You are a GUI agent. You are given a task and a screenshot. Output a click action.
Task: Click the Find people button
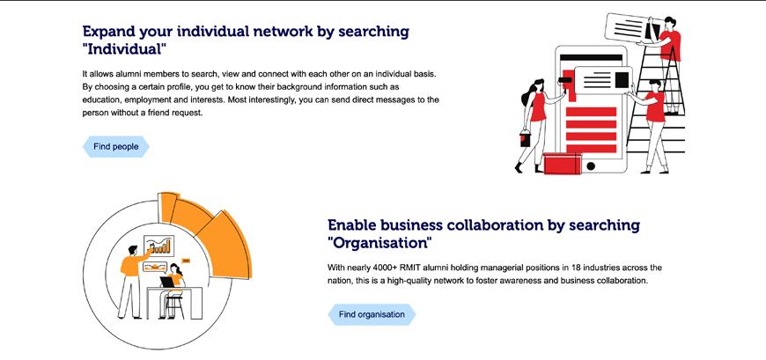tap(115, 147)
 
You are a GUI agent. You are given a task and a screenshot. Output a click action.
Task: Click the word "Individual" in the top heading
tap(122, 51)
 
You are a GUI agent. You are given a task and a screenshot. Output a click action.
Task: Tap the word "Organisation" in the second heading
tap(379, 243)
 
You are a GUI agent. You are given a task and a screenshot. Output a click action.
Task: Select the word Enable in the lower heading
tap(357, 224)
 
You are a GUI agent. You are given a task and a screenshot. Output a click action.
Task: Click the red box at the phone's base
tap(563, 164)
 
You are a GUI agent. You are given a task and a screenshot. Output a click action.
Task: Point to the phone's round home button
tap(591, 165)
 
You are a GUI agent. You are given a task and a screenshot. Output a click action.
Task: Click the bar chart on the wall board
tap(158, 247)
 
